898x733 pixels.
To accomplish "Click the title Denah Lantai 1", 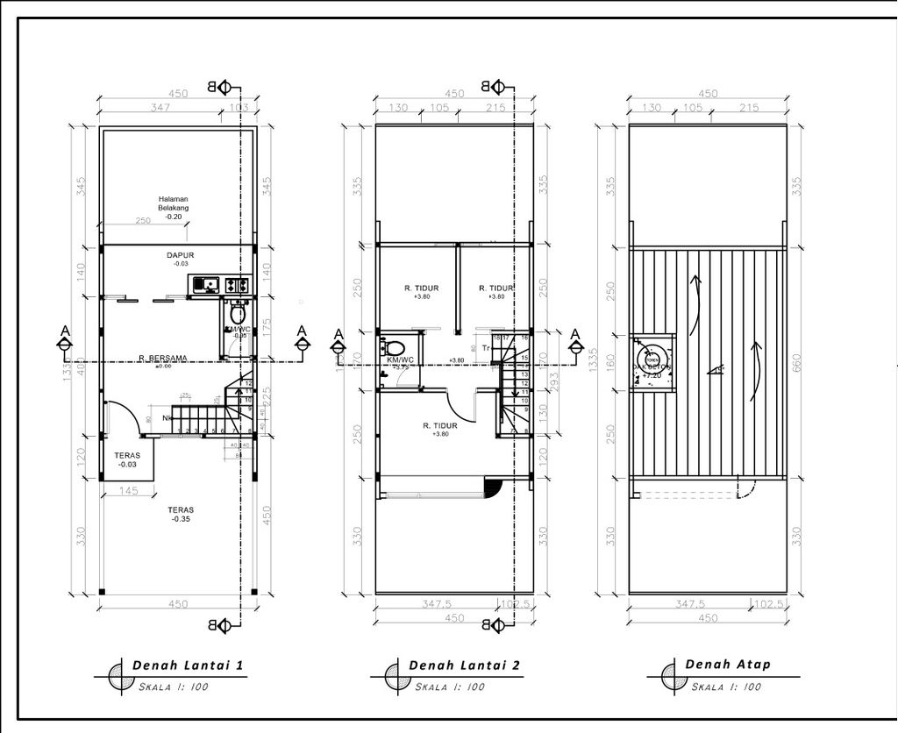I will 187,665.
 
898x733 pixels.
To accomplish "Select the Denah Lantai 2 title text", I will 464,665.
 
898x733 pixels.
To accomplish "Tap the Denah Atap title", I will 728,664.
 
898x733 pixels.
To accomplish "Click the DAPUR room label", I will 180,256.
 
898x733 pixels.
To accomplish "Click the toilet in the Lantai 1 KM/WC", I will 237,313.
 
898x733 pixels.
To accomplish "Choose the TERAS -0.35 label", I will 182,514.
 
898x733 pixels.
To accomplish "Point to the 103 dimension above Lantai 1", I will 238,107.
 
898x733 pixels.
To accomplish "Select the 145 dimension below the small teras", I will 128,491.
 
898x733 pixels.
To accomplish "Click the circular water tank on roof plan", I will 652,359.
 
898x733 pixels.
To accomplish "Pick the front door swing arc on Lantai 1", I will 123,416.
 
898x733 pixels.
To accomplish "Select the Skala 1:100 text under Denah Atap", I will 724,687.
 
